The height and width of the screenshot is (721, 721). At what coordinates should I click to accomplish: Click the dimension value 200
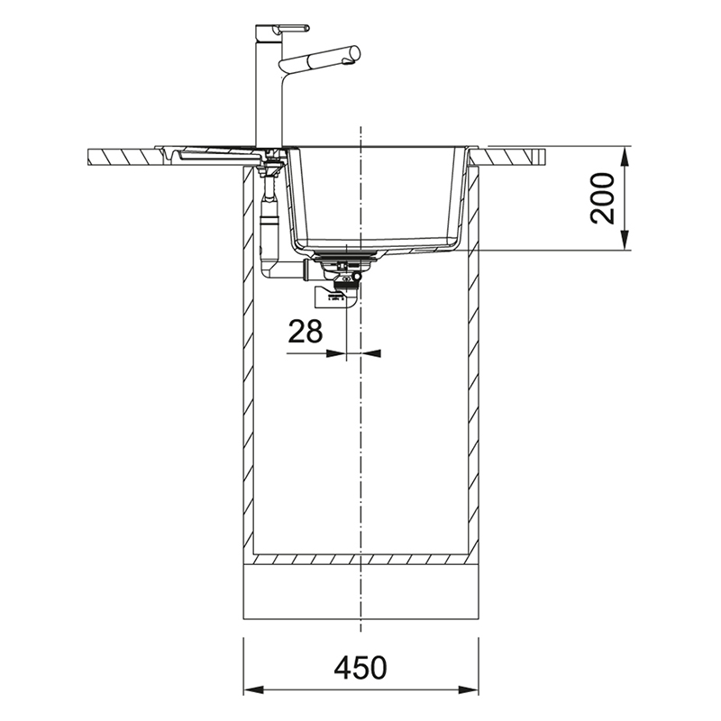pos(603,198)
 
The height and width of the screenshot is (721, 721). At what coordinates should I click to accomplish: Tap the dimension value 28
pos(306,332)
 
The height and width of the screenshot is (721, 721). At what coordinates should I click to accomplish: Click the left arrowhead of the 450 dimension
pos(253,689)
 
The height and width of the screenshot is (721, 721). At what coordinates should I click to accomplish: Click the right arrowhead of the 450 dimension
pos(468,689)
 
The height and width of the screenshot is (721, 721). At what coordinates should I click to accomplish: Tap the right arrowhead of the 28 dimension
pos(371,353)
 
